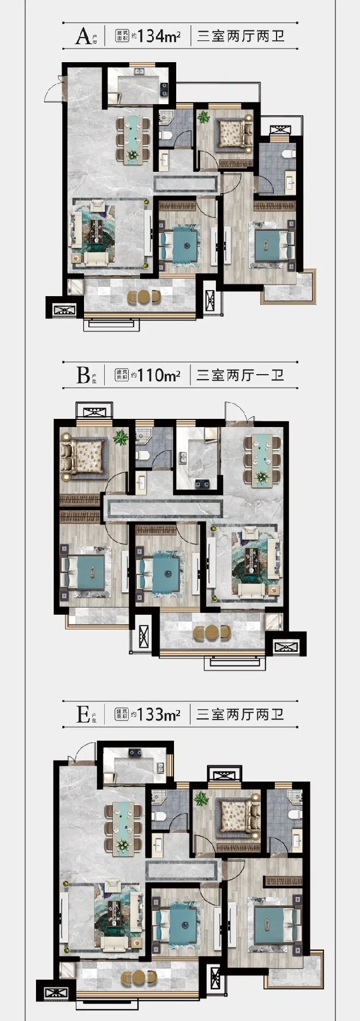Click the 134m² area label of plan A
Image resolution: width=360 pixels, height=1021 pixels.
[x=159, y=37]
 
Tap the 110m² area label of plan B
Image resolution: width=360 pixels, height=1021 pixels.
[x=159, y=375]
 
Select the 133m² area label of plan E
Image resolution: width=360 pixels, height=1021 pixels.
[x=159, y=714]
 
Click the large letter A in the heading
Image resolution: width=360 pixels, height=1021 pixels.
[x=83, y=37]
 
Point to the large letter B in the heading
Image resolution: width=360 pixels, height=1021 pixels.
[x=83, y=376]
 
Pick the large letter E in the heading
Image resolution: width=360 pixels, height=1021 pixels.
[x=83, y=714]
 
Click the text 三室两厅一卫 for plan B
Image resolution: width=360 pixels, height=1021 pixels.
[x=240, y=375]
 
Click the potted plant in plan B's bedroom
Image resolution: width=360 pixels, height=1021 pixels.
[x=121, y=437]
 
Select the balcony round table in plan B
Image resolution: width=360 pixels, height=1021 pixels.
[x=212, y=633]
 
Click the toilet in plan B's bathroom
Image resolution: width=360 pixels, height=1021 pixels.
[x=141, y=455]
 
